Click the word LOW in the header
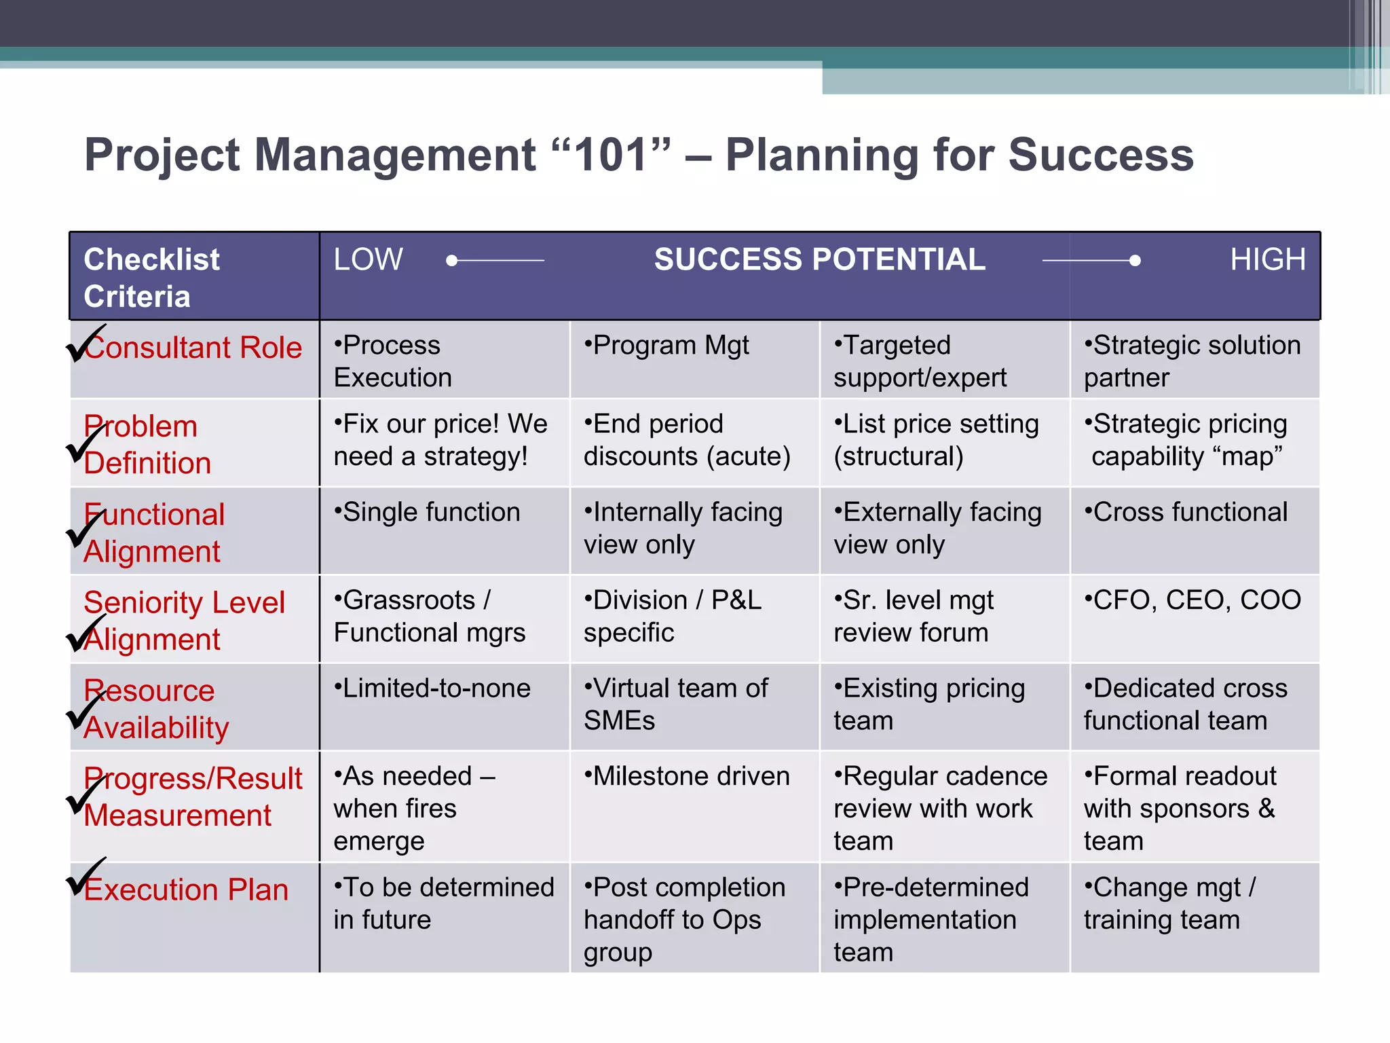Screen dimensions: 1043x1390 point(368,259)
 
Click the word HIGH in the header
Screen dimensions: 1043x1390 point(1267,259)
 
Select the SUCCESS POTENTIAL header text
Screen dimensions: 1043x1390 point(819,259)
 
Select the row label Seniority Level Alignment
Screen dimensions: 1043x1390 point(184,620)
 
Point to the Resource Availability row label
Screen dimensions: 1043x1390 point(156,708)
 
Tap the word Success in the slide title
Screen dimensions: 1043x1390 point(1100,155)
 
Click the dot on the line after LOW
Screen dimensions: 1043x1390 point(452,260)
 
